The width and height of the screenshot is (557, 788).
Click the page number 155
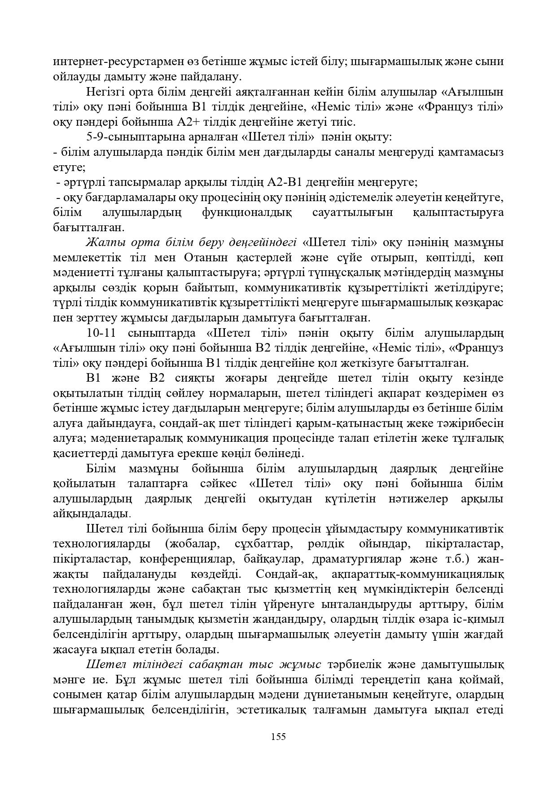point(278,736)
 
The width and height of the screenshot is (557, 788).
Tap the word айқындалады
point(92,514)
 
